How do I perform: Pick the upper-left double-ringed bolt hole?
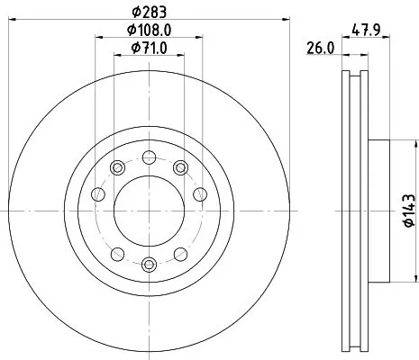[116, 166]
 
